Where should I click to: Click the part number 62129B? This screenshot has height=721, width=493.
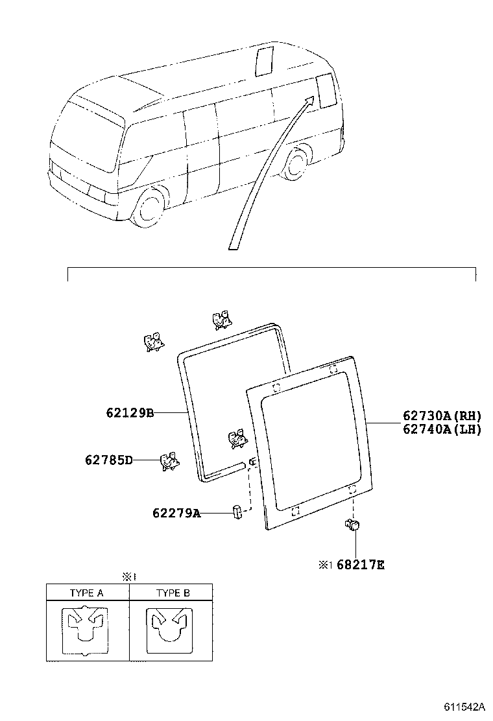pos(130,412)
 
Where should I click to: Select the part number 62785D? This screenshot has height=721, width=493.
pos(108,460)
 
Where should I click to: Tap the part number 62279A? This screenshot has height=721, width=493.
pos(176,514)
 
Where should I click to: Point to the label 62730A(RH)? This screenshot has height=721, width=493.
pos(442,416)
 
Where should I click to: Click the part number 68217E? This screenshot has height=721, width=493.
pos(360,565)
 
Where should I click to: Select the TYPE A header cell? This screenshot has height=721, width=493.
pos(88,593)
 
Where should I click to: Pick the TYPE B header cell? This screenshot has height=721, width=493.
pos(172,593)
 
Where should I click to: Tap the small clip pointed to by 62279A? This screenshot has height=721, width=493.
pos(237,513)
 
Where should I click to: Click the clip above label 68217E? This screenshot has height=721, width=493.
pos(354,526)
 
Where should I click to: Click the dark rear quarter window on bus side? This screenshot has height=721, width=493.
pos(326,90)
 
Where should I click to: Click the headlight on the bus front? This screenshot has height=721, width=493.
pos(97,194)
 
